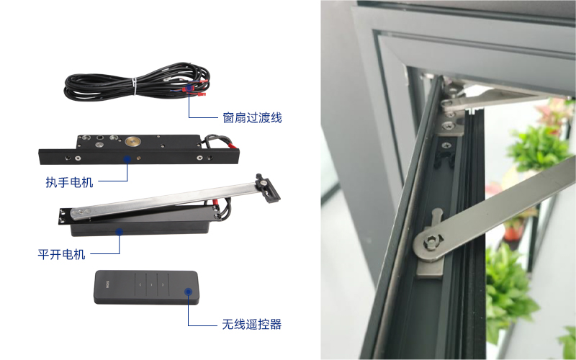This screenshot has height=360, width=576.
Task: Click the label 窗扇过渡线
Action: tap(252, 118)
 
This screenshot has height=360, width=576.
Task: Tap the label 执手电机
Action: tap(69, 182)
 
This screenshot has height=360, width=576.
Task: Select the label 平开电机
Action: tap(61, 254)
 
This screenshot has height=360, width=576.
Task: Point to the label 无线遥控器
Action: tap(251, 325)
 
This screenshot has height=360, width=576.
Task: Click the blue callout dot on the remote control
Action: tap(189, 292)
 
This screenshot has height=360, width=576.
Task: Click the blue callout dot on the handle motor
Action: tap(127, 159)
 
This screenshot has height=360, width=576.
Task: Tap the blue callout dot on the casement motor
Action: tap(120, 232)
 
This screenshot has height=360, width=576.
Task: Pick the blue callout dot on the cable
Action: tap(189, 88)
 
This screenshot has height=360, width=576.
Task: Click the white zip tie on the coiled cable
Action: tap(135, 86)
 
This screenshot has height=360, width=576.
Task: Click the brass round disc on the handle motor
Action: tap(132, 141)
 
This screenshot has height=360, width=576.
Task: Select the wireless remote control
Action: tap(147, 287)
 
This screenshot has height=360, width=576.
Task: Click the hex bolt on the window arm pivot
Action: tap(430, 243)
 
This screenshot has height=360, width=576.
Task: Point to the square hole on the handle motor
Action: tap(100, 138)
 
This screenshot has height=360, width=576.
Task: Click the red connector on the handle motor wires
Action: tap(233, 147)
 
